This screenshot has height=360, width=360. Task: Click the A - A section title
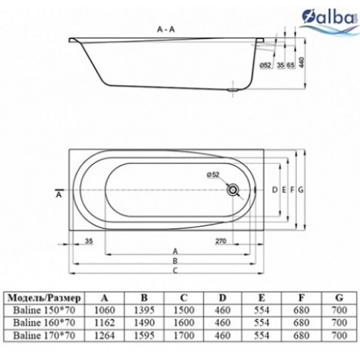166,30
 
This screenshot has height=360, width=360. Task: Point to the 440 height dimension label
302,62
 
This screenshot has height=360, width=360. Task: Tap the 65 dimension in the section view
290,65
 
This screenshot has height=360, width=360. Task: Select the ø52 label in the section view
266,65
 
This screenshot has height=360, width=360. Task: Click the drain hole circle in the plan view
233,190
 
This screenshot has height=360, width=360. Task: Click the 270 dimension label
221,240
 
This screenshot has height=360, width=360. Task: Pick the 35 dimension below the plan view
89,240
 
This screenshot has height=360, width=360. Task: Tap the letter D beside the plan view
275,190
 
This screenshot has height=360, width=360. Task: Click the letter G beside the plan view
301,190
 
